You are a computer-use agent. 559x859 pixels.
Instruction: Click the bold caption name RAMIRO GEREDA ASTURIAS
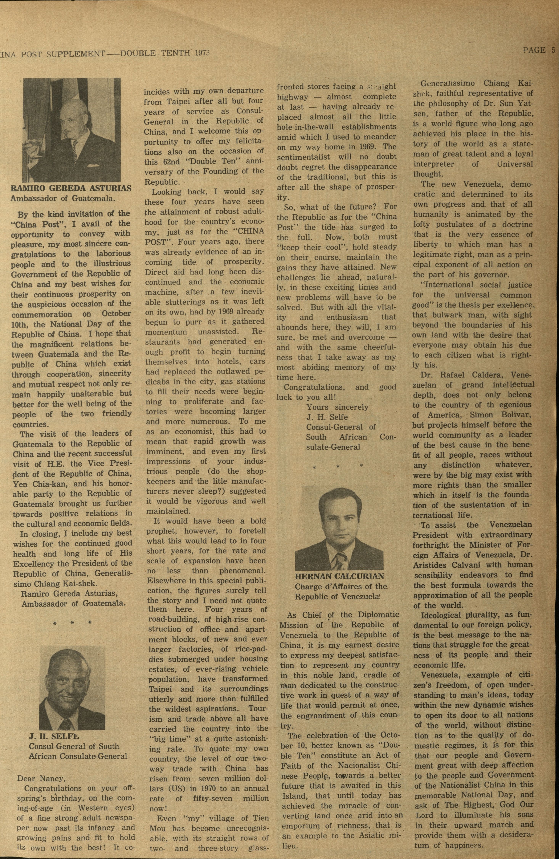(x=71, y=188)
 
